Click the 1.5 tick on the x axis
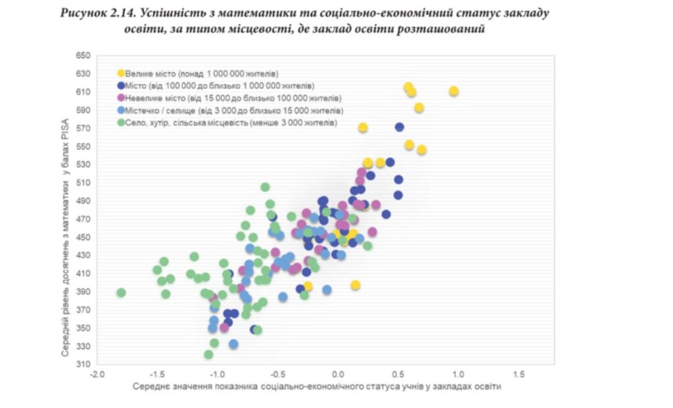click(518, 374)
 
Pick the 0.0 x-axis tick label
click(338, 374)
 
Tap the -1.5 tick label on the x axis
click(157, 374)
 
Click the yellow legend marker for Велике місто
click(121, 74)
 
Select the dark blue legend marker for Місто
click(121, 85)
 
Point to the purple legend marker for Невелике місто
click(121, 98)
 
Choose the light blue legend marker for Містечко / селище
click(121, 110)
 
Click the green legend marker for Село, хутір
click(121, 123)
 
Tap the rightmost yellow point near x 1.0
click(453, 91)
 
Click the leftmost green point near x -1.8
click(121, 292)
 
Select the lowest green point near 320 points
click(208, 355)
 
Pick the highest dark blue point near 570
click(400, 127)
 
